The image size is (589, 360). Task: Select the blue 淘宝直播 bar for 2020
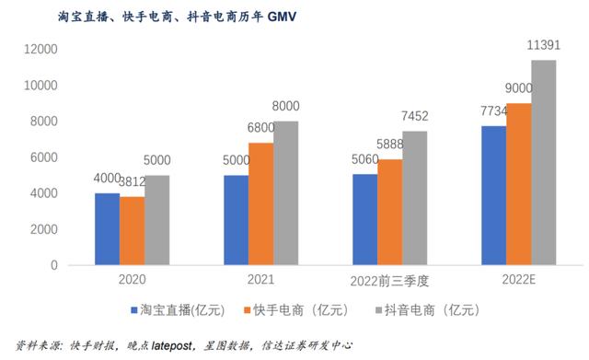click(x=107, y=229)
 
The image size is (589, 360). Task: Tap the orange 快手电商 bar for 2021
click(x=260, y=203)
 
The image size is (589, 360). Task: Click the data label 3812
click(x=132, y=181)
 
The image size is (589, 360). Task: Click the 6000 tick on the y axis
click(x=43, y=157)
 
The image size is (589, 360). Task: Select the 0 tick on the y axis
click(x=54, y=265)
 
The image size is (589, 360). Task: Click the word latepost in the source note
click(x=188, y=344)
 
